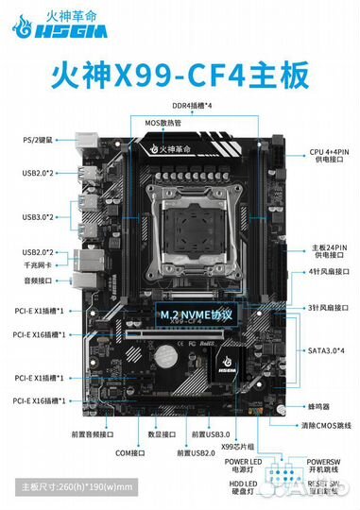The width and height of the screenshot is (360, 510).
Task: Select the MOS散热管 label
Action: pyautogui.click(x=165, y=124)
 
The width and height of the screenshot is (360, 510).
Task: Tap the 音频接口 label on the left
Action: pyautogui.click(x=38, y=280)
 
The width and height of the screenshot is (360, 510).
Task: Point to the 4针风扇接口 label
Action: pyautogui.click(x=328, y=273)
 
